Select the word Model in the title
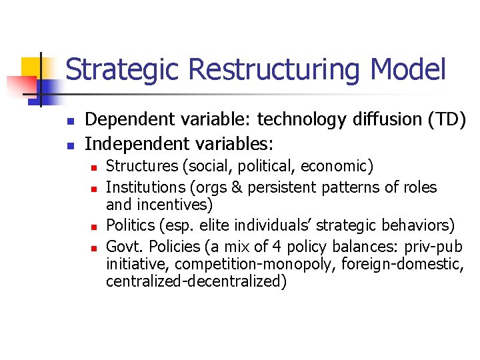[408, 69]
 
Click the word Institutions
[143, 187]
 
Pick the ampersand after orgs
[237, 188]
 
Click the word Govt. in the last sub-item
[123, 246]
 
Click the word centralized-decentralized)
[196, 281]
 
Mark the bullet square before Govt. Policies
[95, 247]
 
